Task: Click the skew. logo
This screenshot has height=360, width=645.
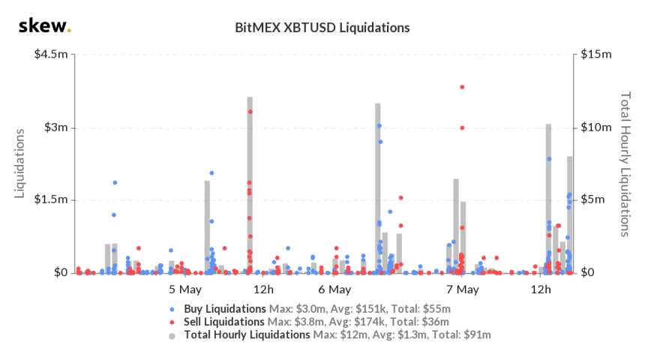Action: pyautogui.click(x=44, y=27)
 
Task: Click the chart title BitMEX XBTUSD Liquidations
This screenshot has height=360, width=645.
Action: pyautogui.click(x=322, y=28)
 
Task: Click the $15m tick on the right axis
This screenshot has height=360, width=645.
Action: pyautogui.click(x=596, y=55)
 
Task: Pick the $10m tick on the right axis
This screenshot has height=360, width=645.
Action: pyautogui.click(x=596, y=127)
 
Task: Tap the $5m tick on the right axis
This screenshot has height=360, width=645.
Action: pyautogui.click(x=593, y=200)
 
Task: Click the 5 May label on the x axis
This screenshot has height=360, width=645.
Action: pyautogui.click(x=184, y=289)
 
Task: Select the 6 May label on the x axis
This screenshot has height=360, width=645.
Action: pyautogui.click(x=334, y=289)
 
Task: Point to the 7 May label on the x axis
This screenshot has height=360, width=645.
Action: pyautogui.click(x=462, y=289)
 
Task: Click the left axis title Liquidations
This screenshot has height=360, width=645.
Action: pyautogui.click(x=22, y=163)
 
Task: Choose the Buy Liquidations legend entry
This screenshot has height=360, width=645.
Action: pyautogui.click(x=225, y=308)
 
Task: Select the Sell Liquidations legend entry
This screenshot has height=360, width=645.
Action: pyautogui.click(x=225, y=322)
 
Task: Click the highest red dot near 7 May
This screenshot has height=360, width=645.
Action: pyautogui.click(x=462, y=87)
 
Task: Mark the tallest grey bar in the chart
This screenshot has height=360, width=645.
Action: pyautogui.click(x=250, y=184)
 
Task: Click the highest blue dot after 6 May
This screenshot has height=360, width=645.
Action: pyautogui.click(x=379, y=126)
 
